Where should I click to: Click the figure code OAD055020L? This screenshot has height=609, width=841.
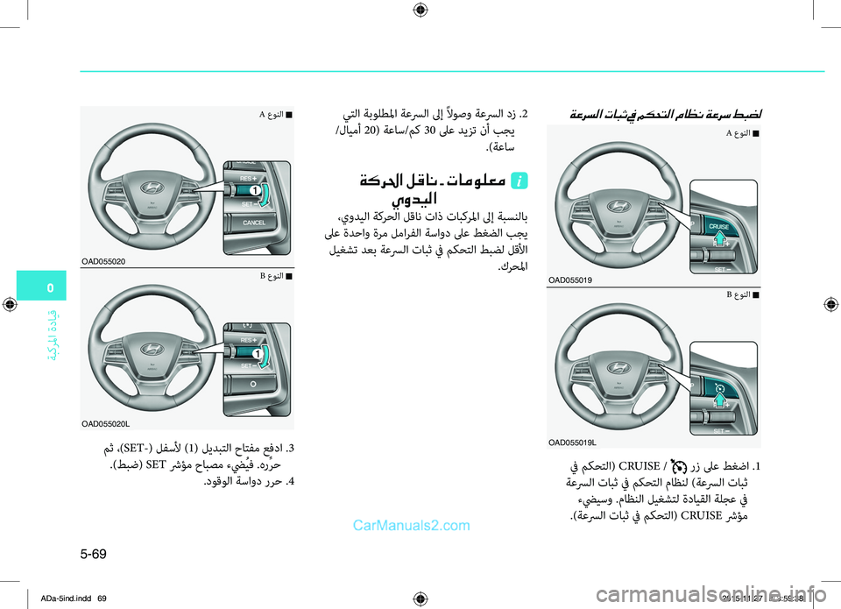point(107,423)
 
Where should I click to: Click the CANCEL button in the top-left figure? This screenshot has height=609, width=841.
point(253,223)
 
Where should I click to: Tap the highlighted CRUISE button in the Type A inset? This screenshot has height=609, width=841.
point(718,227)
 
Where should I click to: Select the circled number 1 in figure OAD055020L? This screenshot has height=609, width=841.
point(258,352)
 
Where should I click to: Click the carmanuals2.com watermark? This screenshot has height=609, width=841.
point(413,526)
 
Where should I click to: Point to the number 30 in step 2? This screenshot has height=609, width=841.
point(429,132)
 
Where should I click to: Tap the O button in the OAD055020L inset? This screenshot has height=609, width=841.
point(251,383)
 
